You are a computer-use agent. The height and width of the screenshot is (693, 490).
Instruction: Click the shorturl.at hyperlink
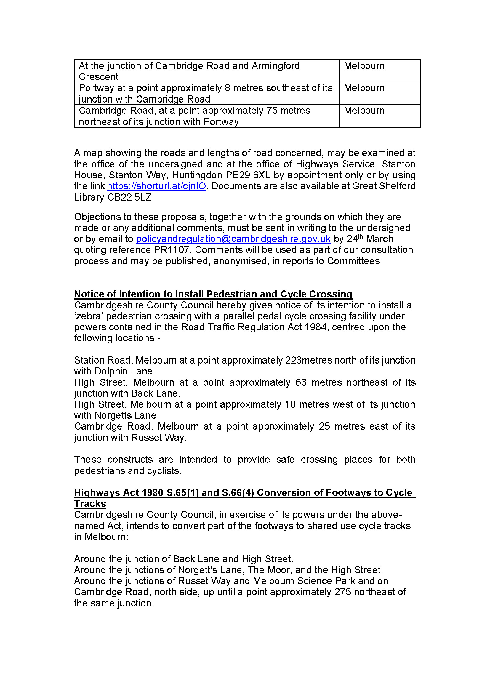[x=156, y=186]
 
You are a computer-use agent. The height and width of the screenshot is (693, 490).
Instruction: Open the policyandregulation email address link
[x=233, y=239]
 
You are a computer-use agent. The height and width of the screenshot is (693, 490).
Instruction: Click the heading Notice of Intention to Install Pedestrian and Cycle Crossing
[x=213, y=294]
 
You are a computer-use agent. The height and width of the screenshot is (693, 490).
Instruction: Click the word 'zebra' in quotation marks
[x=89, y=316]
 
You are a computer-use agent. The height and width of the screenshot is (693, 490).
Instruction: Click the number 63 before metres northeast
[x=301, y=382]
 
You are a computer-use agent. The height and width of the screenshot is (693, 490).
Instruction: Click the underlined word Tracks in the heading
[x=90, y=504]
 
